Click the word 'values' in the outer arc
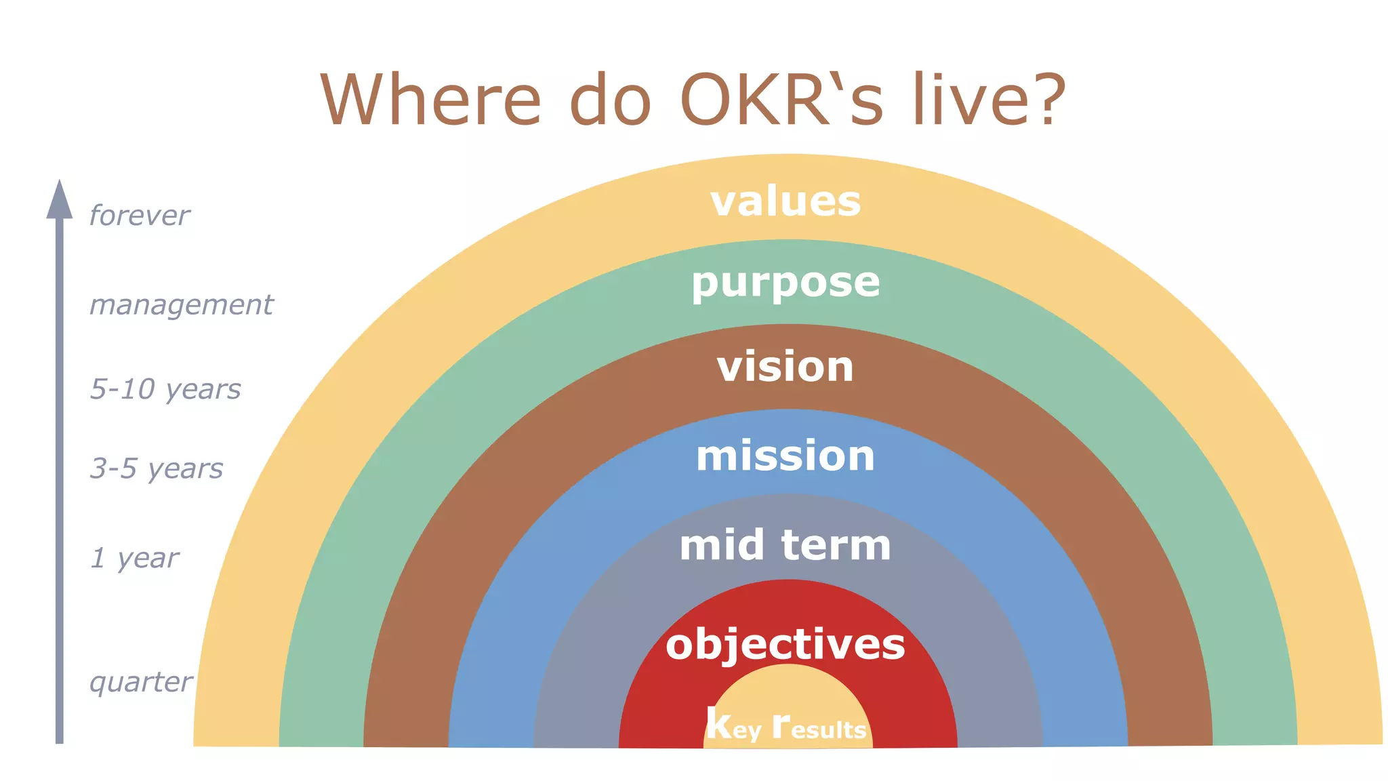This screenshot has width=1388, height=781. click(x=785, y=202)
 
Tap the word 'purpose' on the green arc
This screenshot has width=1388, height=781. click(x=785, y=283)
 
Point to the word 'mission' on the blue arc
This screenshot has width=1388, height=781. click(x=785, y=456)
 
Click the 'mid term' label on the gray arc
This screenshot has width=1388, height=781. click(x=785, y=545)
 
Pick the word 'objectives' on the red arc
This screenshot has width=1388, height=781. click(x=785, y=644)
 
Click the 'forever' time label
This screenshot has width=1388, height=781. click(x=140, y=216)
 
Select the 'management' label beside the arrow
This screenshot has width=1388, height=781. click(x=181, y=305)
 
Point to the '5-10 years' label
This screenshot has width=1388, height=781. click(x=165, y=389)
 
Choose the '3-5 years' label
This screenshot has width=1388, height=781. click(x=157, y=468)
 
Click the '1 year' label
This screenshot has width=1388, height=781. click(x=134, y=558)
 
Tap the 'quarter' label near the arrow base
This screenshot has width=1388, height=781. click(x=141, y=682)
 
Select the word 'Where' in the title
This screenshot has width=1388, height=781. click(x=430, y=100)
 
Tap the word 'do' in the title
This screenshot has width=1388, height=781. click(x=609, y=100)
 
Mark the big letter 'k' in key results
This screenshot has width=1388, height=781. click(x=718, y=723)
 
